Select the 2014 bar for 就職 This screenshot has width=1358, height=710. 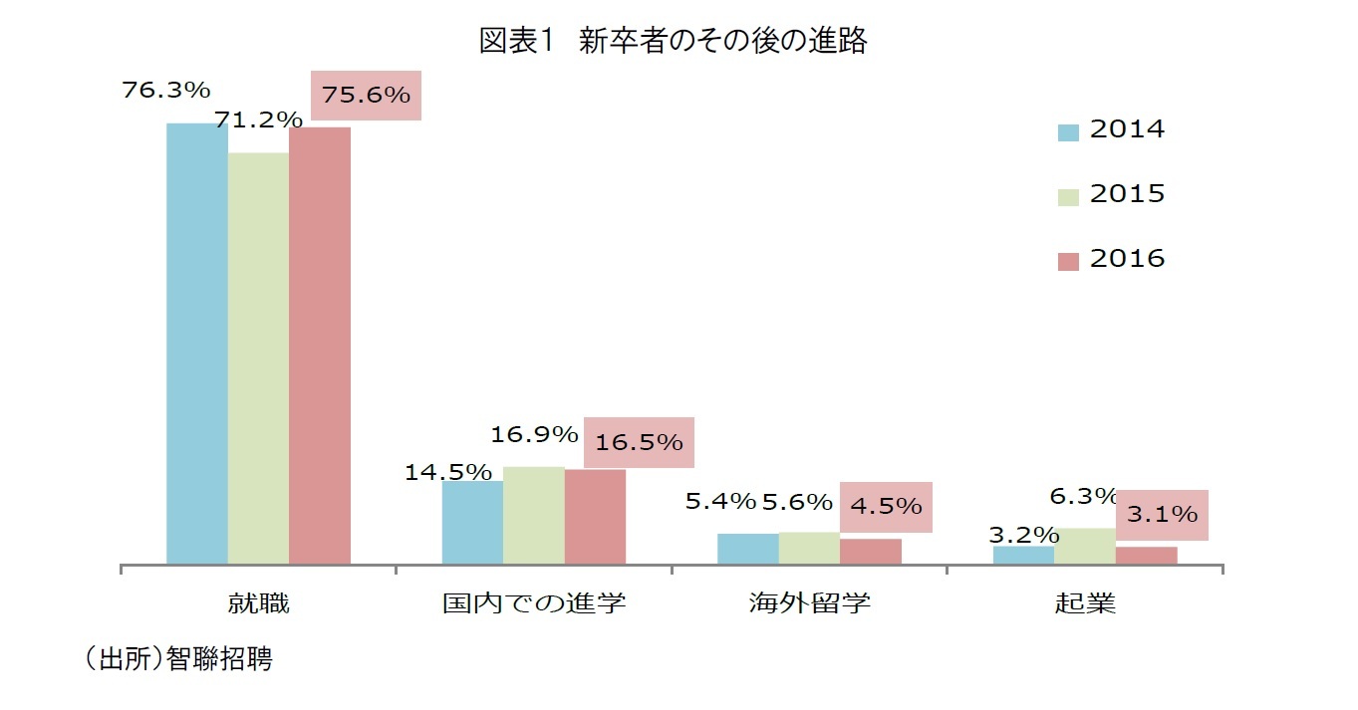(196, 344)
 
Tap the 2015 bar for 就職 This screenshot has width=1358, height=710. (258, 358)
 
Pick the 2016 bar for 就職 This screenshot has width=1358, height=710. (320, 346)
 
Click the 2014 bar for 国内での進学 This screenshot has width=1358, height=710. (472, 523)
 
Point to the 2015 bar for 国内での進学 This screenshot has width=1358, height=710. (534, 516)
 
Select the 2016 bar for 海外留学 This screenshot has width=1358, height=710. (871, 552)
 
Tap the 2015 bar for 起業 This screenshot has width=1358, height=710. (1085, 547)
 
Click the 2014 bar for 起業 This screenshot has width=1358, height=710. (1023, 556)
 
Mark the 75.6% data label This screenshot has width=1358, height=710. (366, 96)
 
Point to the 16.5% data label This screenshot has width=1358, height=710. (639, 442)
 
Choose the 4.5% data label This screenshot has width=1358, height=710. (886, 506)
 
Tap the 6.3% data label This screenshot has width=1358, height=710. (1083, 496)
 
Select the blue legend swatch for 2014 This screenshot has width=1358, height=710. (1068, 132)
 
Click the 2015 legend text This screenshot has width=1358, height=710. (1127, 194)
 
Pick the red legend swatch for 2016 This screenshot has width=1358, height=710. (1068, 261)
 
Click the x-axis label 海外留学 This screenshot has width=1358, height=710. (809, 603)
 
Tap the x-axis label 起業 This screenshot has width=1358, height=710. (1085, 603)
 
